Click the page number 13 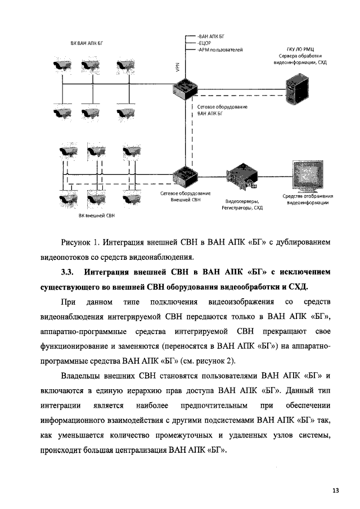pyautogui.click(x=335, y=490)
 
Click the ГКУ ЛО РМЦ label pyautogui.click(x=299, y=50)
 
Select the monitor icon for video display pyautogui.click(x=308, y=177)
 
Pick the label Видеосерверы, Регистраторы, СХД pyautogui.click(x=243, y=204)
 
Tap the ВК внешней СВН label pyautogui.click(x=96, y=215)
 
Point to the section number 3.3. pyautogui.click(x=68, y=273)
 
